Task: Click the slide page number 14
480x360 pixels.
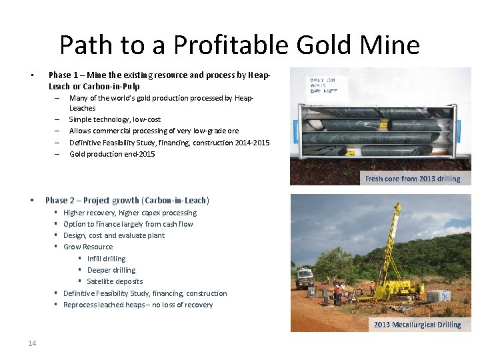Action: click(32, 343)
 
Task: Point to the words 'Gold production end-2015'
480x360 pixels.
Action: click(112, 154)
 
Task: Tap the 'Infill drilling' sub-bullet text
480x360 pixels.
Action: click(106, 259)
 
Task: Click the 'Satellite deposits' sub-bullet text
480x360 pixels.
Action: click(115, 281)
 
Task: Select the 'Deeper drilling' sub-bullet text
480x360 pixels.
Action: click(111, 270)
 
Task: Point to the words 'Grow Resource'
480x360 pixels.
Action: click(88, 247)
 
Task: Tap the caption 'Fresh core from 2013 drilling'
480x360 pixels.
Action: click(413, 179)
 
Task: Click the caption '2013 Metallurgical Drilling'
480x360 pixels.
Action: click(417, 325)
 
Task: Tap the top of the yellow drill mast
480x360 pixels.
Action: click(398, 207)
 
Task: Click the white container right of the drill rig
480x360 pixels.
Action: click(439, 295)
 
